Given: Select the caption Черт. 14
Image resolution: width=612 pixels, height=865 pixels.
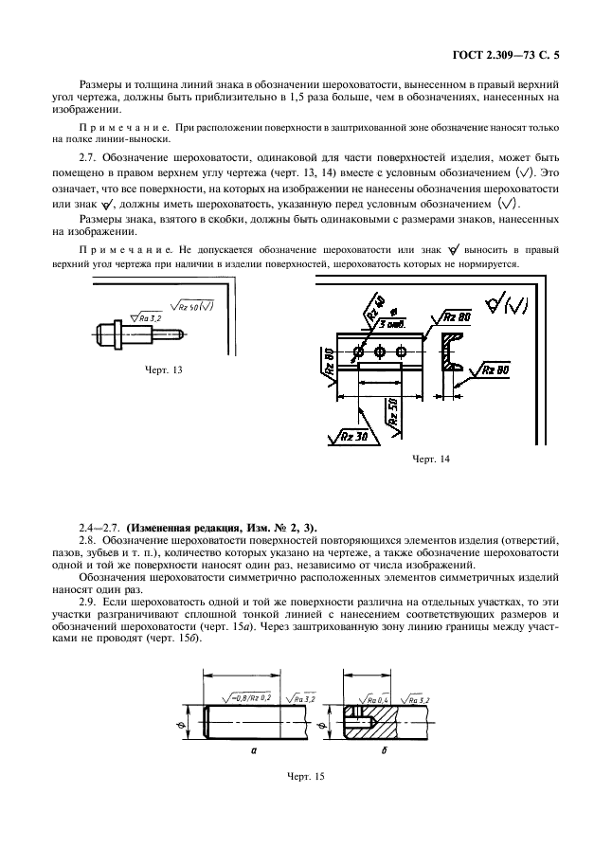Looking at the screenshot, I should (x=431, y=459).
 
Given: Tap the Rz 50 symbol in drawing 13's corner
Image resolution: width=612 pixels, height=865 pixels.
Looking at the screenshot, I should (x=193, y=305).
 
